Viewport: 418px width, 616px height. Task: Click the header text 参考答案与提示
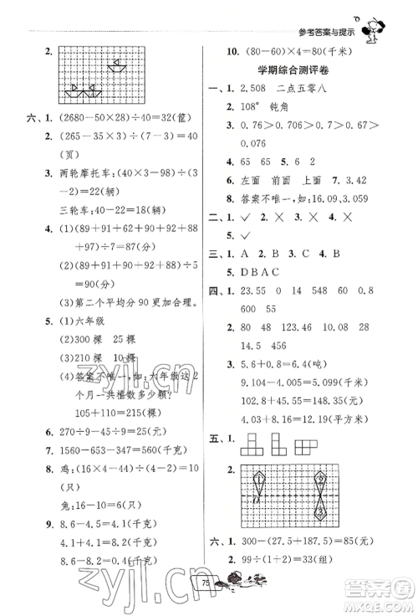pyautogui.click(x=327, y=33)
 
